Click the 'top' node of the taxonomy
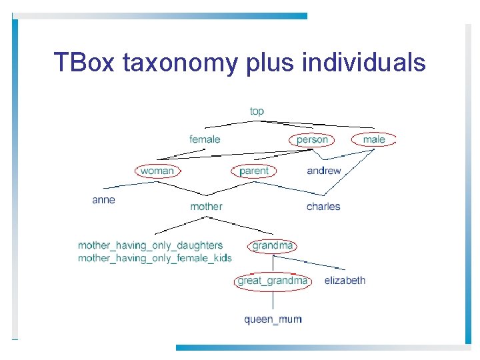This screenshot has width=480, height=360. click(x=257, y=111)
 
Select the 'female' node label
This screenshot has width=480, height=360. click(x=205, y=139)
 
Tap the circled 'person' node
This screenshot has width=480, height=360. click(x=312, y=139)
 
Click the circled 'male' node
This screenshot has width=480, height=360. click(x=374, y=139)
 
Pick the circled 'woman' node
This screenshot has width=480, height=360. click(x=157, y=171)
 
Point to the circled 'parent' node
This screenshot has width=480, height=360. click(x=253, y=171)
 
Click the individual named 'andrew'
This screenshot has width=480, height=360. click(x=323, y=171)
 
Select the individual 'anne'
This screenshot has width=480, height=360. click(x=103, y=200)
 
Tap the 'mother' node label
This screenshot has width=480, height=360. click(x=206, y=207)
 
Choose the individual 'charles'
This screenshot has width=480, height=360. click(x=323, y=207)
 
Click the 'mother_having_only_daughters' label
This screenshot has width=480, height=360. click(x=150, y=246)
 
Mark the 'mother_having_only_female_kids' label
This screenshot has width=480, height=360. click(x=155, y=258)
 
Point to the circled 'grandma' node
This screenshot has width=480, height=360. click(x=273, y=246)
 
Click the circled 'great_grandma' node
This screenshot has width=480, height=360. click(x=273, y=281)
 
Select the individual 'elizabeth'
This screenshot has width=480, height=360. click(x=345, y=281)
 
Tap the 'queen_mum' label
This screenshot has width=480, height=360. click(x=273, y=319)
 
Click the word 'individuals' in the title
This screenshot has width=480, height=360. click(x=363, y=63)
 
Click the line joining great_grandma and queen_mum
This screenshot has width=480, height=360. click(x=273, y=300)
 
